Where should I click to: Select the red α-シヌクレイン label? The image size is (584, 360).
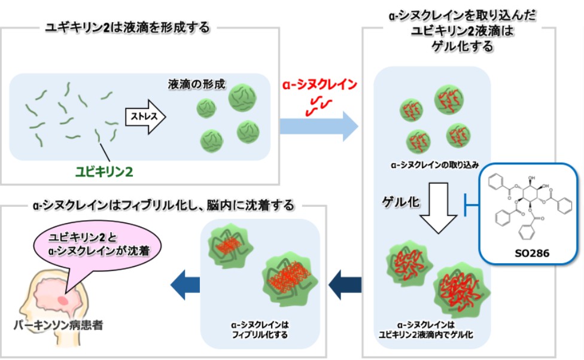[x=320, y=84]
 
